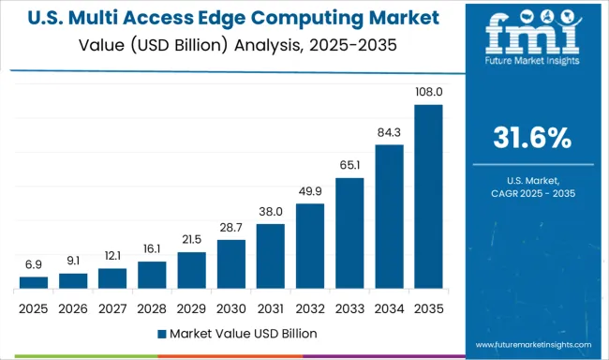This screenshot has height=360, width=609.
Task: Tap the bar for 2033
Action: [x=349, y=232]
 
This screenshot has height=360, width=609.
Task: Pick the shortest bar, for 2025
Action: [x=33, y=281]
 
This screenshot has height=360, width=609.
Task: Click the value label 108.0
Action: [x=428, y=93]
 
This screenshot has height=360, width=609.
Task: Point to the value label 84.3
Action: [x=389, y=132]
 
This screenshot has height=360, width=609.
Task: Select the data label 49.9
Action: [x=309, y=191]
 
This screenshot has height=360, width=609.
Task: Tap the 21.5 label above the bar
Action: [x=191, y=239]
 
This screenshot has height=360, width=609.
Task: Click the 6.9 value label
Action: [x=33, y=264]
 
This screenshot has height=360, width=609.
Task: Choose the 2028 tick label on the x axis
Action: [x=152, y=307]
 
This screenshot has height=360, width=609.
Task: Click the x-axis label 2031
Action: [x=270, y=307]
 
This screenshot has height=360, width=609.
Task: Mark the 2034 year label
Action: [x=389, y=307]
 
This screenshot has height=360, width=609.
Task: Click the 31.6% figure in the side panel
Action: [x=531, y=138]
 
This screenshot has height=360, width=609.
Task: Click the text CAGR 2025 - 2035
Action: [x=531, y=191]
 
